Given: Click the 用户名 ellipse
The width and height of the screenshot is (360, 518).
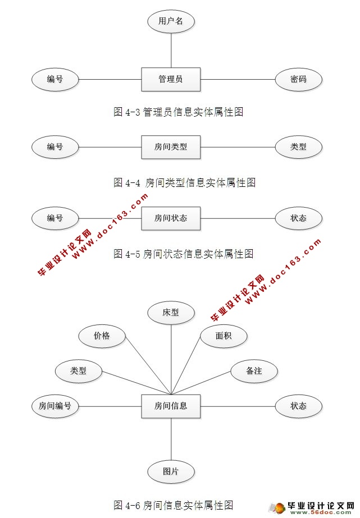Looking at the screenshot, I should pyautogui.click(x=171, y=22).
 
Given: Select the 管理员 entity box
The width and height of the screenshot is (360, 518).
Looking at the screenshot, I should pyautogui.click(x=171, y=79).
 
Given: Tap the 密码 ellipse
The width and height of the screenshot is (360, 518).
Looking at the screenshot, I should pyautogui.click(x=298, y=79).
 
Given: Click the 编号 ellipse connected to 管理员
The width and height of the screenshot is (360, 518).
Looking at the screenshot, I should pyautogui.click(x=55, y=79).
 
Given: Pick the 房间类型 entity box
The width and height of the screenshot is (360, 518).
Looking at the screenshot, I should pyautogui.click(x=171, y=147).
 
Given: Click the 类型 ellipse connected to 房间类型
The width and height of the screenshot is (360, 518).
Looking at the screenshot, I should pyautogui.click(x=298, y=147).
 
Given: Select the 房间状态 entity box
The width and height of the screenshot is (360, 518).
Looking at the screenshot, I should pyautogui.click(x=171, y=218).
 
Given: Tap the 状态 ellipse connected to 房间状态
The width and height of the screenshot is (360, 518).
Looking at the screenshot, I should pyautogui.click(x=298, y=218).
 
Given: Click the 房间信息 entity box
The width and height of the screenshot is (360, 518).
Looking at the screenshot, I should pyautogui.click(x=171, y=406).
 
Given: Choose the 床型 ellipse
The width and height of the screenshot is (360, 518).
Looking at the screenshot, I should pyautogui.click(x=171, y=313).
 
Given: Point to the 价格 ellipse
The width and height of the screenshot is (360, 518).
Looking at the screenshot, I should pyautogui.click(x=102, y=336).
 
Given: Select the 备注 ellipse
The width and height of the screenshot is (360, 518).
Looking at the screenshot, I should pyautogui.click(x=254, y=371).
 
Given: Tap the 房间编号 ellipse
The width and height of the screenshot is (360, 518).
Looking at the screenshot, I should pyautogui.click(x=55, y=406).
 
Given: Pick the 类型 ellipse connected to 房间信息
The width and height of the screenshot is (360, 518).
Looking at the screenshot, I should pyautogui.click(x=78, y=371).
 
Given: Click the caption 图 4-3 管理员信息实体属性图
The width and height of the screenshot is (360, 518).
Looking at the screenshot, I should pyautogui.click(x=179, y=112).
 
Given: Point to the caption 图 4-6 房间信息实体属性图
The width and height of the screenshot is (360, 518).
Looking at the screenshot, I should pyautogui.click(x=173, y=503).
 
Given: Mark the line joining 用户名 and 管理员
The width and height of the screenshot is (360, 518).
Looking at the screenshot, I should pyautogui.click(x=171, y=49).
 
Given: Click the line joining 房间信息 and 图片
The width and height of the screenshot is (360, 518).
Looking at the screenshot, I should pyautogui.click(x=171, y=439).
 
